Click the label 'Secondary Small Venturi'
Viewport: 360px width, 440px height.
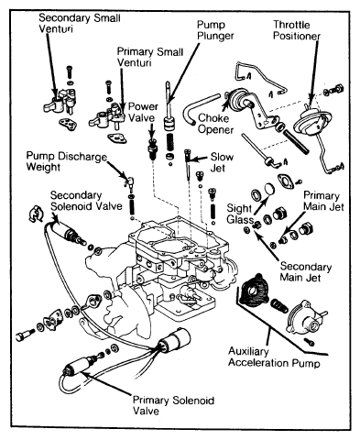point(80,23)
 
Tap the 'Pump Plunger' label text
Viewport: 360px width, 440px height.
point(215,30)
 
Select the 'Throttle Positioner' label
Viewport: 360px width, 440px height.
point(297,30)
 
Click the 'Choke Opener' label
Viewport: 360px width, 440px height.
point(216,124)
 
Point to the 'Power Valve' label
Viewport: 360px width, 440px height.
point(143,112)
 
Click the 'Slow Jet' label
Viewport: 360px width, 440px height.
point(222,162)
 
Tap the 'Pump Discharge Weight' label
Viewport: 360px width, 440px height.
point(67,161)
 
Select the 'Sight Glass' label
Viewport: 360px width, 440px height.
point(240,214)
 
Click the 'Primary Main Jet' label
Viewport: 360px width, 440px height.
point(323,201)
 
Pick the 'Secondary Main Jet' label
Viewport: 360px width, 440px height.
point(306,271)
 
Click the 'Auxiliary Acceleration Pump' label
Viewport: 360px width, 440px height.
point(274,357)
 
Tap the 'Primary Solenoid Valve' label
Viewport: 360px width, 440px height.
point(173,405)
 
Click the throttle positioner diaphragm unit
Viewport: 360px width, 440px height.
point(312,122)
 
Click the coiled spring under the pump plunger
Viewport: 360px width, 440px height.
point(170,143)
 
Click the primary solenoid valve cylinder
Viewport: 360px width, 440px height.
point(80,365)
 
